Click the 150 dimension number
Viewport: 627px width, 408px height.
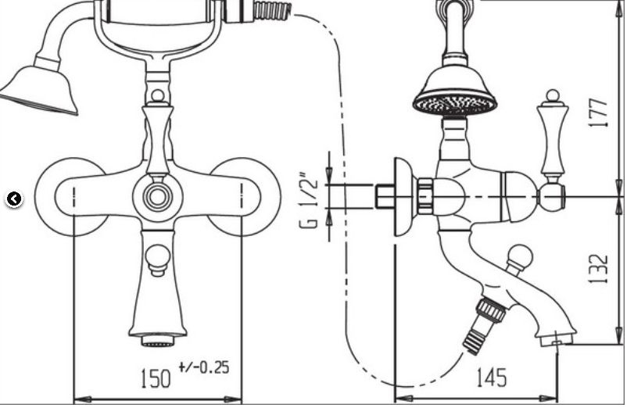(156, 378)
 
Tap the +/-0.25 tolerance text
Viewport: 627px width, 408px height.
(204, 367)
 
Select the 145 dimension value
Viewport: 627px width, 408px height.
(492, 378)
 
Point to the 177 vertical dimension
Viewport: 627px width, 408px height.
(598, 113)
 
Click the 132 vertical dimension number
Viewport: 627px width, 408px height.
(598, 269)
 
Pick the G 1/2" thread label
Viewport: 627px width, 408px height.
(309, 200)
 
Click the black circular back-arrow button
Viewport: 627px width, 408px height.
(14, 199)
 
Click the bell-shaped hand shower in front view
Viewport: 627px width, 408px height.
(41, 90)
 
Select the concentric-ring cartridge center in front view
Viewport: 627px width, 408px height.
(158, 197)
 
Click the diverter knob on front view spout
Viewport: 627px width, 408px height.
(158, 259)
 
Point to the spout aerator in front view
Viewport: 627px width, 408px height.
(158, 341)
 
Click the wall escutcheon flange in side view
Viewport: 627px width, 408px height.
(405, 197)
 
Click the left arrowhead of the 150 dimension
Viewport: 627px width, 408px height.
(83, 399)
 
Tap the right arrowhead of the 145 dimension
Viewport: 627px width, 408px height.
(549, 399)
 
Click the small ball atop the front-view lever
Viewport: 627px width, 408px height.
(158, 96)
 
